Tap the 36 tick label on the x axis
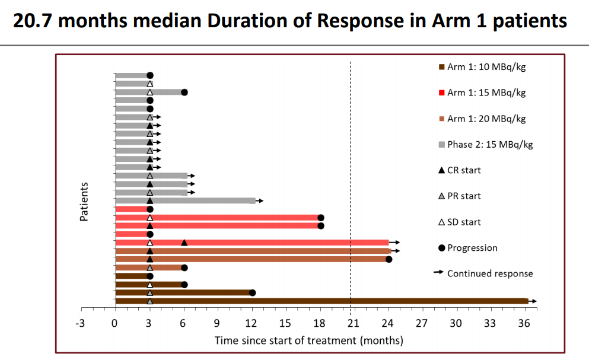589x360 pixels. tap(524, 323)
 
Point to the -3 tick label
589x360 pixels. tap(80, 323)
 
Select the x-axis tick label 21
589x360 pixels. tap(354, 323)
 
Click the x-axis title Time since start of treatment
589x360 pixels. tap(308, 340)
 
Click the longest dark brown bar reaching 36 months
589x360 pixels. tap(320, 301)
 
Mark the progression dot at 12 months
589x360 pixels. tap(252, 292)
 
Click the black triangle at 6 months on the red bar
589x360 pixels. tap(184, 243)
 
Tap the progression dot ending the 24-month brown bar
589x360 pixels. tap(389, 259)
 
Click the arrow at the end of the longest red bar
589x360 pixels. tap(396, 243)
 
